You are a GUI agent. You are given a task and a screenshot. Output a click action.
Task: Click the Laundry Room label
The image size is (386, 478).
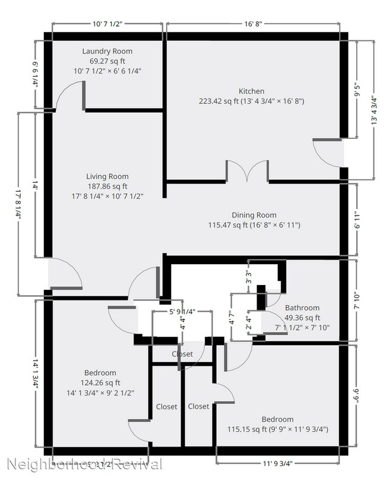pos(107,51)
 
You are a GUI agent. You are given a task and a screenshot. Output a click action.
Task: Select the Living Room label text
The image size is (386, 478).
pos(107,176)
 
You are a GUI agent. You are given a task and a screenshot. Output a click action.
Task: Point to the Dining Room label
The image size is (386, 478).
pos(254,215)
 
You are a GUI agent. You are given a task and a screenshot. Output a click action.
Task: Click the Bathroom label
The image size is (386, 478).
pos(302,308)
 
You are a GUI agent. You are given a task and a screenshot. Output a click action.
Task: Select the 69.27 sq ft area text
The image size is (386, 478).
pos(107,61)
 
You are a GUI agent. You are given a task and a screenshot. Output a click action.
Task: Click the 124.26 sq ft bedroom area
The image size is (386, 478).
pos(100,382)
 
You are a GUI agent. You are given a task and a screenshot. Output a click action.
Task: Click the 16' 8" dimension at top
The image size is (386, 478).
pos(252,25)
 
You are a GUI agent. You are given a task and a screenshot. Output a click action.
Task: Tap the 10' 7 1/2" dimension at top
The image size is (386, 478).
pos(107,25)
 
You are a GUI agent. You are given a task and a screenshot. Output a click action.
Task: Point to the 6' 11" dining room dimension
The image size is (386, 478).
pos(357,221)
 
